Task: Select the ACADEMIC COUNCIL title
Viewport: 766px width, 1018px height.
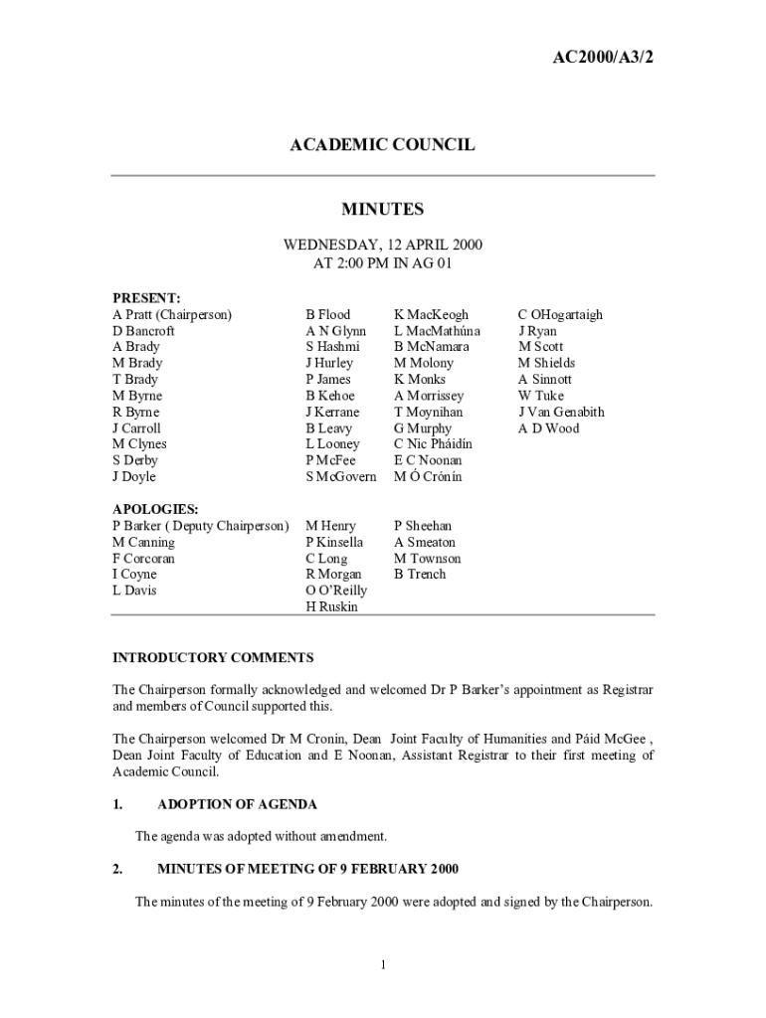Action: click(x=382, y=145)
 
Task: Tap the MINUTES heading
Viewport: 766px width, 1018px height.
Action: click(x=382, y=209)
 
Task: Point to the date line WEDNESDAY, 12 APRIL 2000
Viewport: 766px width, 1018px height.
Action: click(x=383, y=245)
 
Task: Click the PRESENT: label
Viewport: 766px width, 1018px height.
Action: click(x=145, y=297)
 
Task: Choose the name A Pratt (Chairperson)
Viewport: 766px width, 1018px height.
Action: click(x=172, y=314)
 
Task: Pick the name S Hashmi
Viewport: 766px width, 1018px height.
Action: click(x=332, y=347)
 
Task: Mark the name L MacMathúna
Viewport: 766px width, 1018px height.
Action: click(x=437, y=331)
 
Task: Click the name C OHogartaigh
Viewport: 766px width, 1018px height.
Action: click(x=560, y=314)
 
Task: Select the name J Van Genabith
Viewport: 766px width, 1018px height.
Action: click(x=561, y=412)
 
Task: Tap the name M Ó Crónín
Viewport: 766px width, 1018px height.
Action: click(x=428, y=477)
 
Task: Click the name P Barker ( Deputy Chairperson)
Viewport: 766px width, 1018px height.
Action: click(x=201, y=525)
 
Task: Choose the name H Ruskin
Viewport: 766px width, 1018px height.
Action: click(x=331, y=606)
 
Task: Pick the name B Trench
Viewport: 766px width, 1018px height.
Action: click(x=420, y=574)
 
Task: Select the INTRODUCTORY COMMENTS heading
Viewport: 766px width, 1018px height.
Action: click(x=213, y=657)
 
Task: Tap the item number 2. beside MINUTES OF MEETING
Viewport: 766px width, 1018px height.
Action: click(x=117, y=869)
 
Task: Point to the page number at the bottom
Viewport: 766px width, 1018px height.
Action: click(x=383, y=964)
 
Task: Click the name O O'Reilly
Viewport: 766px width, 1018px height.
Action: click(x=336, y=591)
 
